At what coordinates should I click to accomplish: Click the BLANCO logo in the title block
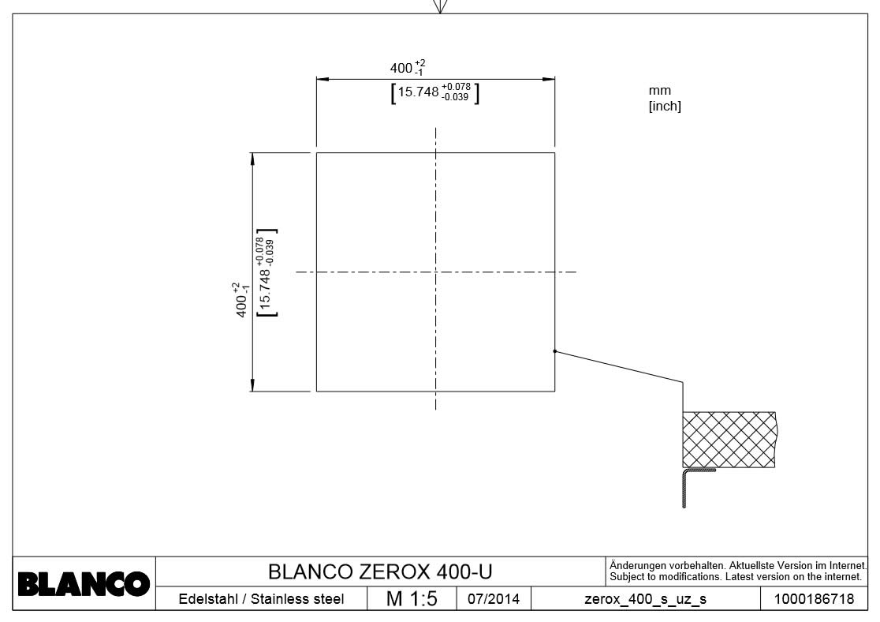(x=84, y=584)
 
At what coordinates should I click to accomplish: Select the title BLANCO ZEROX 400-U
(x=381, y=571)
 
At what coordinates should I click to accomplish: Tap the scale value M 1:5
(x=412, y=599)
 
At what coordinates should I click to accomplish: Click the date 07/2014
(x=494, y=599)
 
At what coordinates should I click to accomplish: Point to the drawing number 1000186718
(x=814, y=599)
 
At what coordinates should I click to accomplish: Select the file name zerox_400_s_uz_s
(x=645, y=599)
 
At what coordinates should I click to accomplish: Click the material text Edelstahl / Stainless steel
(x=261, y=599)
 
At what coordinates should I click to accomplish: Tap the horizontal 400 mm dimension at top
(x=408, y=69)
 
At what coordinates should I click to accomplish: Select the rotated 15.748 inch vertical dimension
(x=267, y=272)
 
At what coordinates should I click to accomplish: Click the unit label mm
(x=659, y=91)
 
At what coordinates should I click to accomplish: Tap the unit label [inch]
(x=664, y=107)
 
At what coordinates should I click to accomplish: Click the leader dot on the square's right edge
(x=555, y=351)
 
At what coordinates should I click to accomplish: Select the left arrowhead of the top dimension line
(x=322, y=79)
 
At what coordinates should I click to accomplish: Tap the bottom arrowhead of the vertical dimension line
(x=252, y=385)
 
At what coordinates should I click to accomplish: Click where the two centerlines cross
(x=436, y=272)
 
